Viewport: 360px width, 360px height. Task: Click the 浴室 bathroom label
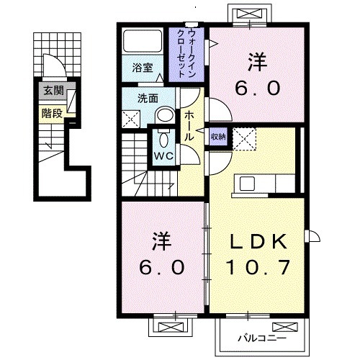pos(143,68)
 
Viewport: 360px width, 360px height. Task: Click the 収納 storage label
pos(217,135)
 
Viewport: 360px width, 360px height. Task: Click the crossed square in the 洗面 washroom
pos(130,120)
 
